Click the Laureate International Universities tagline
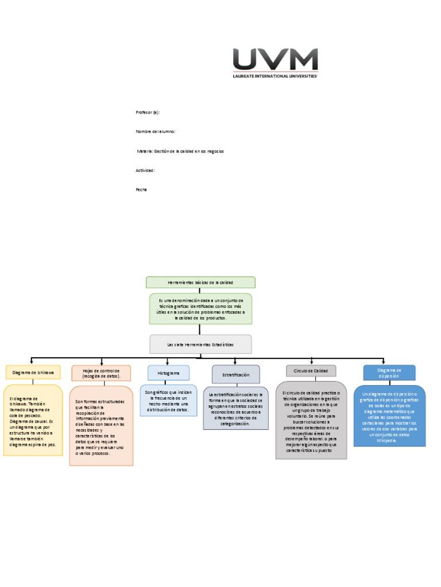(274, 76)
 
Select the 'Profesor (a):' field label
(148, 113)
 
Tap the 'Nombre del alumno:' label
(155, 132)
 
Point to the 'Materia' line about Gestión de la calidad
(180, 151)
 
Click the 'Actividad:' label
(145, 170)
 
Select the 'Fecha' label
(141, 189)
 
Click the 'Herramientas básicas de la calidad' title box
(200, 283)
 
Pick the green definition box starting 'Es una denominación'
(200, 309)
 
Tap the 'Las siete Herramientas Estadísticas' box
(200, 345)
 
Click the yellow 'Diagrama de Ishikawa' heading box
(33, 373)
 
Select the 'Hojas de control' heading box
(101, 373)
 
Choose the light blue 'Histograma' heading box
(168, 373)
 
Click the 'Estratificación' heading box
(236, 374)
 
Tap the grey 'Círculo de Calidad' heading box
(311, 371)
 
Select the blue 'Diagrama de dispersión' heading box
(389, 373)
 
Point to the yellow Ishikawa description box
(33, 420)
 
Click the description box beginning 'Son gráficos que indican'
(168, 400)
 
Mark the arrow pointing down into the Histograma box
(168, 362)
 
